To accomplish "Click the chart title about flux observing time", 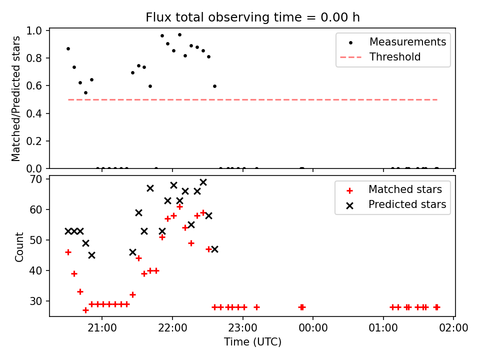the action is click(x=252, y=17).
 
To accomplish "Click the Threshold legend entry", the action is click(x=395, y=57).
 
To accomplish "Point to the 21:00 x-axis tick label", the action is click(x=102, y=328).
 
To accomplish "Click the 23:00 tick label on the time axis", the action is click(x=243, y=328).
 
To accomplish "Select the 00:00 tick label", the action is click(x=313, y=328).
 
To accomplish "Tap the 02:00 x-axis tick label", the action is click(x=453, y=328).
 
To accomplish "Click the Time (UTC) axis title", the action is click(x=252, y=341).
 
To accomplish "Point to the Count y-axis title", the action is click(x=19, y=246).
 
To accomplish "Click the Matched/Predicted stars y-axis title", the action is click(x=16, y=98).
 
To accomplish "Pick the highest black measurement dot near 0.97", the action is click(x=179, y=35).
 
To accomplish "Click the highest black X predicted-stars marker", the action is click(x=203, y=182).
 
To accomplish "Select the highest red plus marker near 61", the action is click(x=179, y=207).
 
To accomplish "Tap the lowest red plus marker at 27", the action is click(x=85, y=310).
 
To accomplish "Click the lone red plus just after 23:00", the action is click(x=257, y=307).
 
